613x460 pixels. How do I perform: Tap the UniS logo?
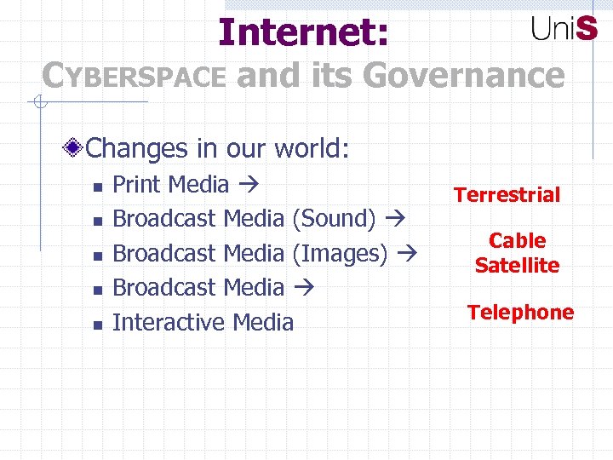click(564, 28)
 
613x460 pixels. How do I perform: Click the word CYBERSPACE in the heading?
click(135, 77)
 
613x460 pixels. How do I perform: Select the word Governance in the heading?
click(463, 75)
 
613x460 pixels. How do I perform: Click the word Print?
click(138, 184)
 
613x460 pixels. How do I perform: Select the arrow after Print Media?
click(249, 185)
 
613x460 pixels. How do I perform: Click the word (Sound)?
click(334, 219)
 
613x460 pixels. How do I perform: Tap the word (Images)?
click(340, 253)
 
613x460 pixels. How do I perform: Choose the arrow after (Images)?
click(408, 254)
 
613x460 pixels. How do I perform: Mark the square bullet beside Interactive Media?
click(98, 324)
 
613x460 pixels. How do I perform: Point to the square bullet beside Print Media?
click(98, 186)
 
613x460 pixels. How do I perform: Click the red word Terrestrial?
click(507, 195)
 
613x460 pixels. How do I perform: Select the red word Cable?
click(517, 241)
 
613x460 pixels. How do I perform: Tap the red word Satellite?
click(517, 265)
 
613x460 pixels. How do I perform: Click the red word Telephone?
click(520, 313)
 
